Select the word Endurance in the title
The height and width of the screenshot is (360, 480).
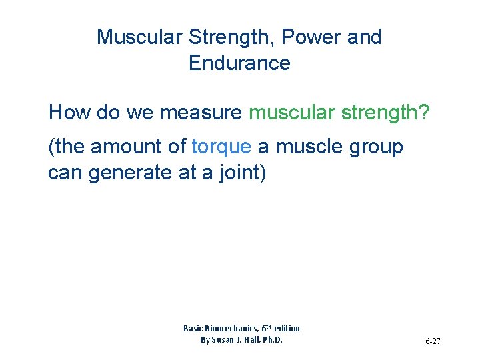pyautogui.click(x=239, y=64)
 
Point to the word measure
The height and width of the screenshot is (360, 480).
pyautogui.click(x=200, y=113)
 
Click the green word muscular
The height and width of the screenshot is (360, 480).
pyautogui.click(x=291, y=113)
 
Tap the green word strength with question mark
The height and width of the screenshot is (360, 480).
pyautogui.click(x=386, y=113)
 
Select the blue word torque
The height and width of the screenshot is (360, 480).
pyautogui.click(x=221, y=147)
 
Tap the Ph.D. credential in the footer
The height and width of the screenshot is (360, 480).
pyautogui.click(x=272, y=339)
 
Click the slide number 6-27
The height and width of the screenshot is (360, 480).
pyautogui.click(x=433, y=341)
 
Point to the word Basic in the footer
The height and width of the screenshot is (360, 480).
pyautogui.click(x=193, y=328)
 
